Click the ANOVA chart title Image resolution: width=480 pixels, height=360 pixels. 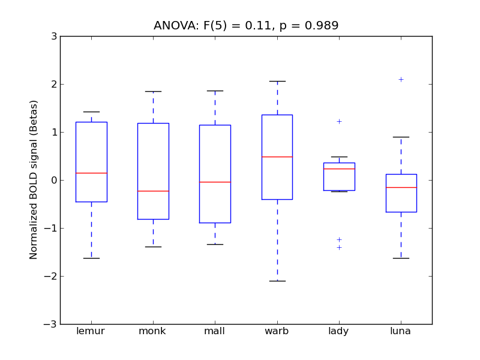pos(246,26)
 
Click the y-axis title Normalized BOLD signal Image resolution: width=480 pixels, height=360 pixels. pos(34,180)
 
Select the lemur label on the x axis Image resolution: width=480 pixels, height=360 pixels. pos(91,331)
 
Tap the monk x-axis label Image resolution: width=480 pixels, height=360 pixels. pos(152,331)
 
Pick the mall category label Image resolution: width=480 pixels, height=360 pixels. pos(215,331)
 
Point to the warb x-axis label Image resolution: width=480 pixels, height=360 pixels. pos(277,331)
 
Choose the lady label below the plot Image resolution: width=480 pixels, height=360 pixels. pos(338,331)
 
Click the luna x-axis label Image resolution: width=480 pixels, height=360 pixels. pos(401,331)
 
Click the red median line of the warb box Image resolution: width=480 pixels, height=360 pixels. pos(277,157)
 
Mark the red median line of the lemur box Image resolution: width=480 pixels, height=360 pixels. pos(91,173)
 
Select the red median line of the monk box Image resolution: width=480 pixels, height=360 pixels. pos(153,191)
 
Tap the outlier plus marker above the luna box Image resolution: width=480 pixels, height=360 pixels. pos(401,79)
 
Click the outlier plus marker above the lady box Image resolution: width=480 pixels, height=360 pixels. pos(339,121)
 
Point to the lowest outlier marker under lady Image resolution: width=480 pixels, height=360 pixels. pos(339,247)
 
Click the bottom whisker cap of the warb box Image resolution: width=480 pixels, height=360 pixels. pos(277,281)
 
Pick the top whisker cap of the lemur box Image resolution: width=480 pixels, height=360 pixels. pos(91,112)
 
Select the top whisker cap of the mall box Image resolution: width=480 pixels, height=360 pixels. pos(215,91)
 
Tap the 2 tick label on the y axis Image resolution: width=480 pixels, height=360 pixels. pos(54,84)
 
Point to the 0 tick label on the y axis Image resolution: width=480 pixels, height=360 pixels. pos(54,180)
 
